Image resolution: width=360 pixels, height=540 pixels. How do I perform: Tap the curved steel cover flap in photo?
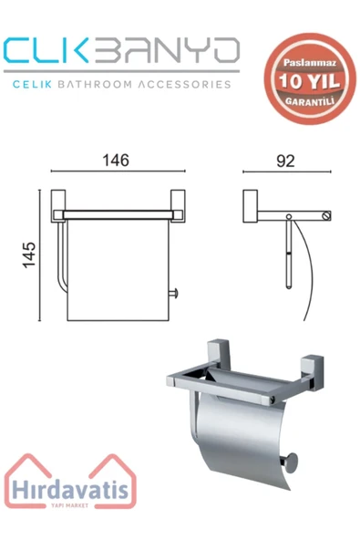[x=242, y=438]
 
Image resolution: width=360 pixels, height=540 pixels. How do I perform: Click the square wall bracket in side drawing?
[x=252, y=206]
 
